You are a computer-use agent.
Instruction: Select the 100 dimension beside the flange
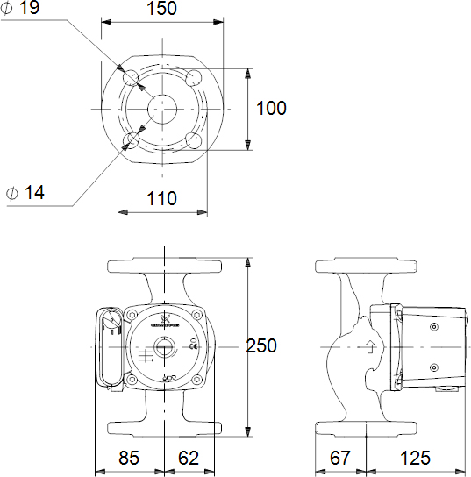(272, 108)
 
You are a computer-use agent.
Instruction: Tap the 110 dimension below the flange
(161, 199)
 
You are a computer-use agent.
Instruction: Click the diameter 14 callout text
(25, 192)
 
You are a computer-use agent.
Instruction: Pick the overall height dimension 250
(261, 346)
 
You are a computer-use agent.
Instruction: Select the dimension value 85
(128, 458)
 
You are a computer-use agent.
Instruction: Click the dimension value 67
(340, 458)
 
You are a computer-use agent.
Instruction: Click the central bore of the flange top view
(162, 108)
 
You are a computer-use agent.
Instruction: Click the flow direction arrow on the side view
(370, 346)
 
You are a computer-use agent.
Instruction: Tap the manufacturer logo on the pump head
(164, 319)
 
